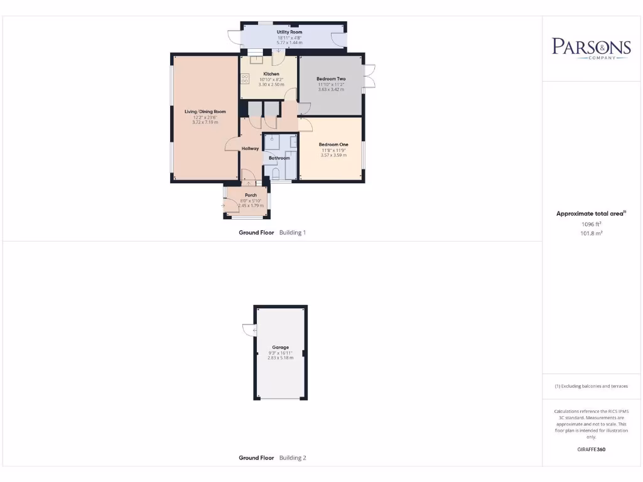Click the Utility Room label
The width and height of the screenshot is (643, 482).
click(289, 31)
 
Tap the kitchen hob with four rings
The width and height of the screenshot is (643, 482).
click(244, 79)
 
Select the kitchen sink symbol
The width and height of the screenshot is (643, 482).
click(257, 60)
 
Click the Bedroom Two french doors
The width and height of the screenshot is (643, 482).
click(369, 77)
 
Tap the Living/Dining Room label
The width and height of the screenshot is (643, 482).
click(205, 112)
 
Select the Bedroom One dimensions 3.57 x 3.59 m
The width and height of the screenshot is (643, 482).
click(333, 155)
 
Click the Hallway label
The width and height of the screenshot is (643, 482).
click(251, 149)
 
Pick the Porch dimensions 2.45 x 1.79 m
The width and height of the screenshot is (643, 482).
click(251, 205)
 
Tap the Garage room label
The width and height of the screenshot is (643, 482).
click(280, 347)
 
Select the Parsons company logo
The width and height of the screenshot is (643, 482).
click(591, 48)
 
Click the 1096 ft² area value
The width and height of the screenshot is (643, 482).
click(591, 224)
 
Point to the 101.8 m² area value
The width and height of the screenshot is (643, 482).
click(591, 233)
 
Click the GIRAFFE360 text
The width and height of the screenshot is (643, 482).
click(591, 449)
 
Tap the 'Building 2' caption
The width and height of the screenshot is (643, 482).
click(293, 458)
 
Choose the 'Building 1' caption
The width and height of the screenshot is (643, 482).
click(293, 233)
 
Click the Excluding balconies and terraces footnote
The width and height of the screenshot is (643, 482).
click(591, 386)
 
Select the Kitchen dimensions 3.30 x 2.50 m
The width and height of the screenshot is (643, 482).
click(271, 84)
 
